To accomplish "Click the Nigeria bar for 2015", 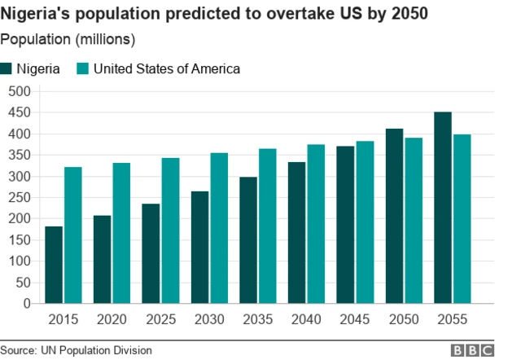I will (54, 265).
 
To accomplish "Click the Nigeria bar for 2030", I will (199, 248).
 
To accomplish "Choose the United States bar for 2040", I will (316, 224).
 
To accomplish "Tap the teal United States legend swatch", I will (82, 69).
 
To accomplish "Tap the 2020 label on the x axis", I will (112, 319).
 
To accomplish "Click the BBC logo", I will (473, 350).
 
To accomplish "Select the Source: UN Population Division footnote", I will (77, 350).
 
